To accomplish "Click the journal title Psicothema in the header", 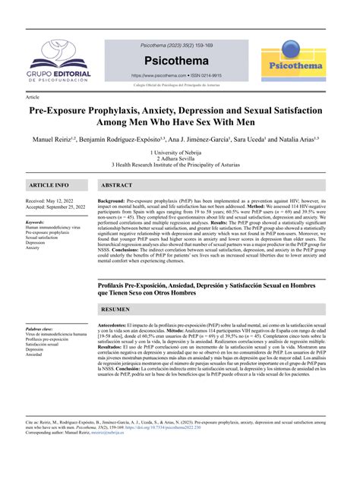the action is pos(179,60).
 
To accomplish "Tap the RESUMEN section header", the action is pos(116,310).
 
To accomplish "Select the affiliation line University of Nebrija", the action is pos(179,153).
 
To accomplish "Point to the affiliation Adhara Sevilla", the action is pos(179,159).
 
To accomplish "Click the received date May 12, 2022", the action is pos(64,200).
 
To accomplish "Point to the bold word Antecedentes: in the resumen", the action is pos(115,326).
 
